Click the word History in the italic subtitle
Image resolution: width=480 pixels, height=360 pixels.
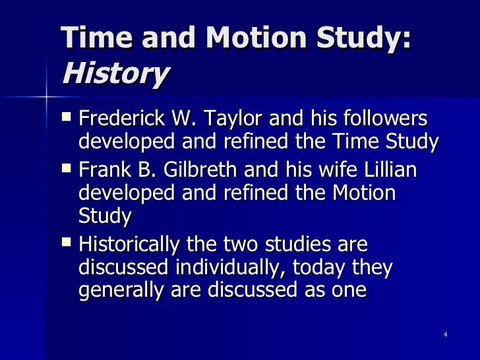(115, 75)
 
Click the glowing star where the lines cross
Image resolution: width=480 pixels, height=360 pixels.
(47, 97)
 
